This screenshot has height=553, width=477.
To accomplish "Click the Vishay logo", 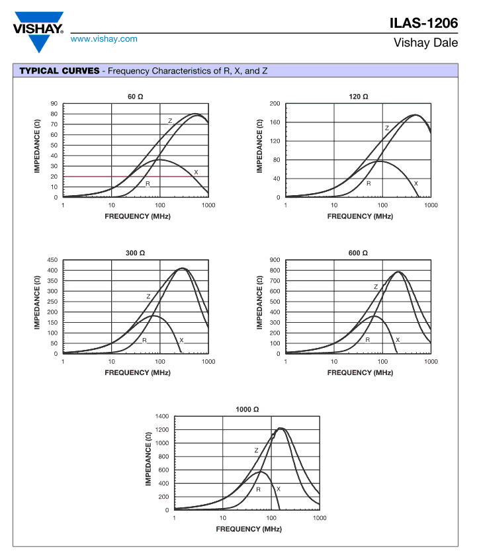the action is (x=38, y=32).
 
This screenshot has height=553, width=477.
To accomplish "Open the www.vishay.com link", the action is (x=104, y=39).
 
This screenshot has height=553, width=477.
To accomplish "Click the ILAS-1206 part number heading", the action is (x=423, y=23).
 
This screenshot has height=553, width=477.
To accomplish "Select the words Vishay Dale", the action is (x=425, y=43).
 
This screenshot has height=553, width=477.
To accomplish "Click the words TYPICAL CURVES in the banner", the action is (x=60, y=71).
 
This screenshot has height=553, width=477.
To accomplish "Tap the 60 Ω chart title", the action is (x=135, y=97).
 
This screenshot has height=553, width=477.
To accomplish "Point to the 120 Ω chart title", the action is (x=358, y=97).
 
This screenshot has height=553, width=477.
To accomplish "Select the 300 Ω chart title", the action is (x=135, y=253).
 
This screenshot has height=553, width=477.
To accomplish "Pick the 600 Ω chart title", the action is (x=358, y=253).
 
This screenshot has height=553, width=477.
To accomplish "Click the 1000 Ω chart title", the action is (x=247, y=409).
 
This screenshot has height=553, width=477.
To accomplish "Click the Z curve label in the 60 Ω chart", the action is (x=170, y=121).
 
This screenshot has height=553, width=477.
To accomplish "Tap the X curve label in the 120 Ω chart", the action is (x=416, y=183).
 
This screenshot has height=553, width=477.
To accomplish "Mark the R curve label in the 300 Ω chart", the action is (x=144, y=341).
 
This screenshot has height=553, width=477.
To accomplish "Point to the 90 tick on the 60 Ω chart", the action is (x=54, y=104).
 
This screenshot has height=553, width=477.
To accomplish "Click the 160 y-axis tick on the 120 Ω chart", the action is (x=275, y=122).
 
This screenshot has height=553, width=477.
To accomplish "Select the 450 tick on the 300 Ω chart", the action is (x=52, y=260).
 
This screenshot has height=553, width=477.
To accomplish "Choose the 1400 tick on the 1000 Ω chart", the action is (x=162, y=417).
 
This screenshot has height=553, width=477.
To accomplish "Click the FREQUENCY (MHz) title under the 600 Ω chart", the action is (x=360, y=373).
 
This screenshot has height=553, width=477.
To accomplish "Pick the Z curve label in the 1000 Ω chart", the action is (x=256, y=450).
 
